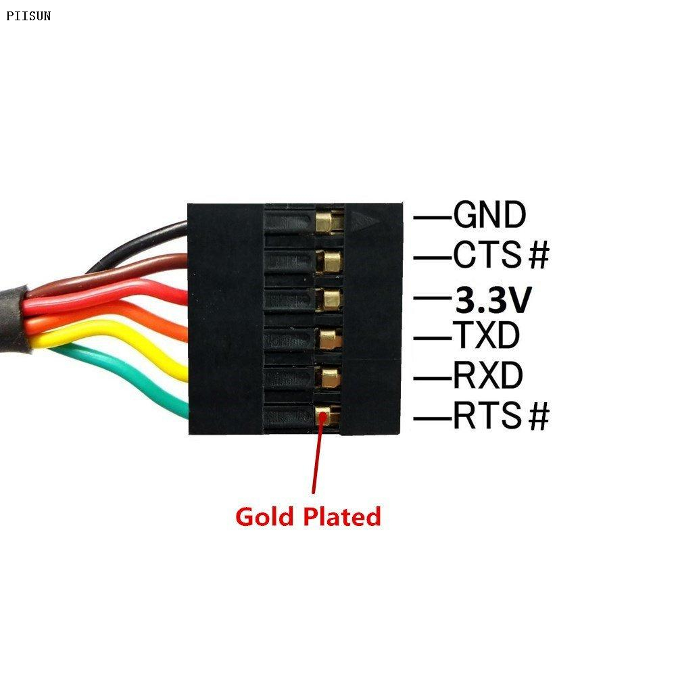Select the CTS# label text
pyautogui.click(x=501, y=256)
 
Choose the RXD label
pyautogui.click(x=487, y=376)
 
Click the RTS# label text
pyautogui.click(x=501, y=416)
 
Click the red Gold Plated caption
pyautogui.click(x=308, y=517)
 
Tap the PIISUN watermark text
pyautogui.click(x=28, y=16)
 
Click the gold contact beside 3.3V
pyautogui.click(x=331, y=298)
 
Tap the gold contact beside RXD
pyautogui.click(x=329, y=377)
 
